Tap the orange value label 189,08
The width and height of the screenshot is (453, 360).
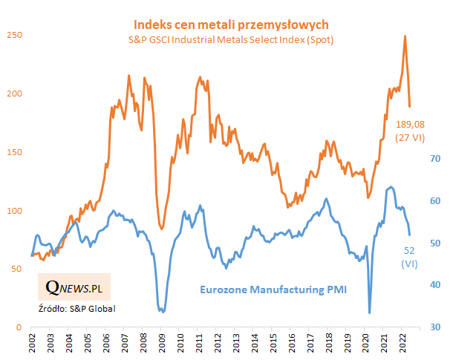tap(411, 123)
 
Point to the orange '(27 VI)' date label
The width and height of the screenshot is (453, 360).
tap(411, 137)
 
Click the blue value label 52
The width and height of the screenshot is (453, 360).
tap(409, 251)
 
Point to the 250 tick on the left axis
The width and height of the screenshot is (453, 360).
tap(13, 35)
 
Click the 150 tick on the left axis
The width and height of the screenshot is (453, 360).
tap(13, 152)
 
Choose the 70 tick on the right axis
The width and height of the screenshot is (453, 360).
tap(437, 159)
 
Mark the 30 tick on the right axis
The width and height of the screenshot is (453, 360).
tap(437, 327)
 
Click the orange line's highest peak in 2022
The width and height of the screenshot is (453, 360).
tap(405, 36)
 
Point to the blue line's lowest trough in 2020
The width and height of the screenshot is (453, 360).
tap(370, 312)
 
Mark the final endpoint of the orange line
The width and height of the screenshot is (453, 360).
tap(410, 106)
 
